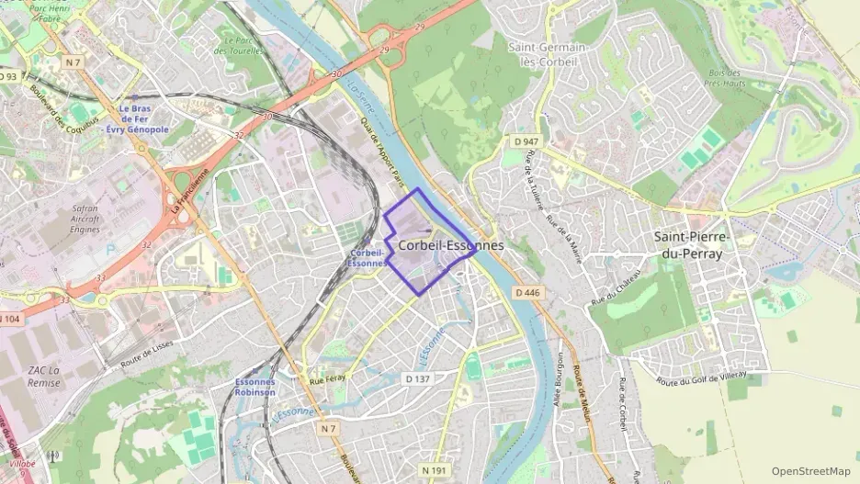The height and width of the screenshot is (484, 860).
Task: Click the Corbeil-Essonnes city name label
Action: tap(451, 246)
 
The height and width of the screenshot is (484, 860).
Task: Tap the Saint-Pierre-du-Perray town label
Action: tap(691, 245)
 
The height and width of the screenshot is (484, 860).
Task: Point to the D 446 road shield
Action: tap(526, 292)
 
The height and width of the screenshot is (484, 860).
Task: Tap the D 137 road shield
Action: tap(417, 378)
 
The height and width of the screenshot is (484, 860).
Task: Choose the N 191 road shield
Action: tap(436, 470)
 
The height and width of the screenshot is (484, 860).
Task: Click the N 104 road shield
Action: tap(9, 319)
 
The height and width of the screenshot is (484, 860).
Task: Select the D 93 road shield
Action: tap(8, 75)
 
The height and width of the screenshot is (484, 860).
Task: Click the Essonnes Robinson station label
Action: tap(255, 387)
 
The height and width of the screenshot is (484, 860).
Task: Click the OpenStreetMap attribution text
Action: tap(810, 471)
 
